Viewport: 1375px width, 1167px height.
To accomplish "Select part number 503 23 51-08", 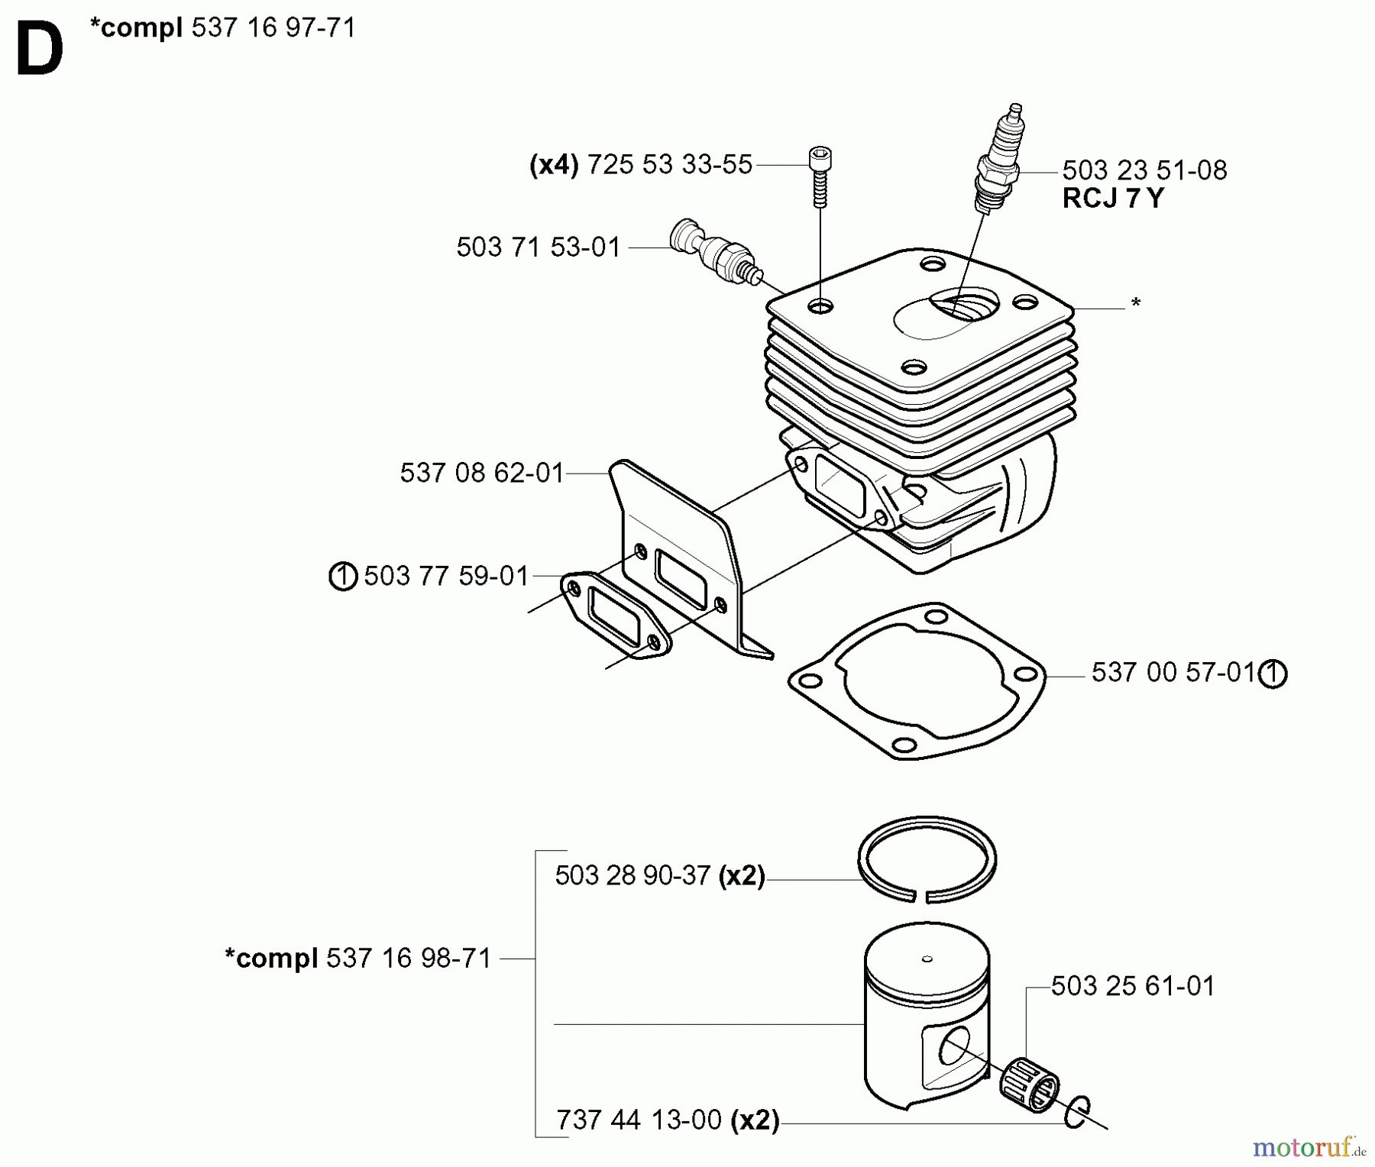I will point(1144,170).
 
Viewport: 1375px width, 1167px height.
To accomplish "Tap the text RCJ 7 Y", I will point(1113,199).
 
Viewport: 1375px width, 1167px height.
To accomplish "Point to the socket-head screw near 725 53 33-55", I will point(820,175).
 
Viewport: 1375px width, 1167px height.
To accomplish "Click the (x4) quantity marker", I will point(554,164).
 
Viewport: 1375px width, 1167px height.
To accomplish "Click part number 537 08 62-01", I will point(481,473).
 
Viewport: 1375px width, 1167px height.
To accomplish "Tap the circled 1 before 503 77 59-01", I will point(343,576).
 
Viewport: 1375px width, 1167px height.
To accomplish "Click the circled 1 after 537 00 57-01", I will point(1273,674).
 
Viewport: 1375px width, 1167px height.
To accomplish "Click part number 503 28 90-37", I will point(632,875).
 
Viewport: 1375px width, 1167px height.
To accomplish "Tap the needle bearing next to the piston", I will point(1029,1085).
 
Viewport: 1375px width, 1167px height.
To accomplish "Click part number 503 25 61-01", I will point(1132,986).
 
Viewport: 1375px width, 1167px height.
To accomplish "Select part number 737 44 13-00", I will point(639,1120).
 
